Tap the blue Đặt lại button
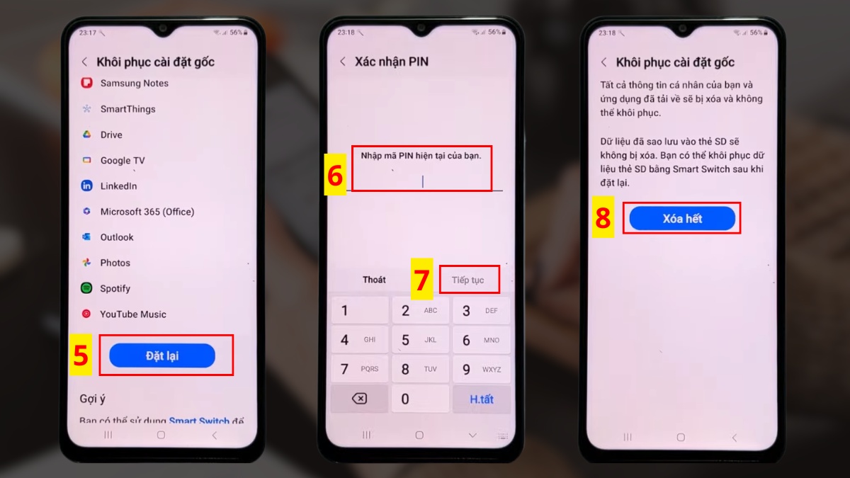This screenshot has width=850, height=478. (162, 355)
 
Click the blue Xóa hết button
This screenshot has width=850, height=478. (682, 219)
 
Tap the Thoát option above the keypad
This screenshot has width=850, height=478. (374, 280)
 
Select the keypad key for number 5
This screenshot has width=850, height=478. (420, 340)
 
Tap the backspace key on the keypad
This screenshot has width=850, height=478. (359, 399)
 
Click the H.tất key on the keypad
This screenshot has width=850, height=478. (481, 399)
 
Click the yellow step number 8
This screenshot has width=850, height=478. (603, 219)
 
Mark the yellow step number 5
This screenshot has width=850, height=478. (81, 355)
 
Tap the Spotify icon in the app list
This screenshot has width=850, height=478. (86, 288)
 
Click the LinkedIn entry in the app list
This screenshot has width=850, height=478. (118, 186)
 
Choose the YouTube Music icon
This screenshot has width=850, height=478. (86, 314)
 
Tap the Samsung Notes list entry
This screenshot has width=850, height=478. (134, 84)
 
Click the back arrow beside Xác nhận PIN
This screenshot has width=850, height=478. (343, 62)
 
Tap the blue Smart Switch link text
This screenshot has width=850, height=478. (199, 421)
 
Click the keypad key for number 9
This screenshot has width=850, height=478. (481, 369)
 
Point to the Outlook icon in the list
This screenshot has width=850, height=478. (86, 237)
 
